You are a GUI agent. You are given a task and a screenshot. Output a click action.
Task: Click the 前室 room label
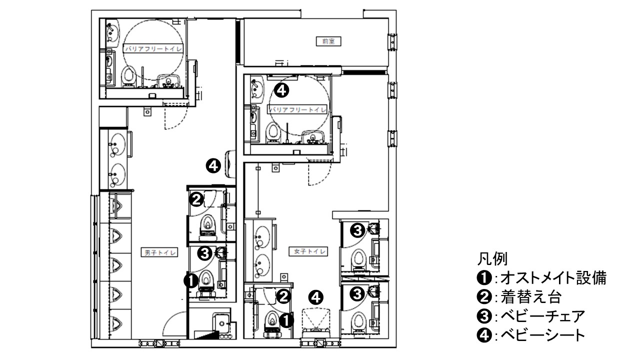328,41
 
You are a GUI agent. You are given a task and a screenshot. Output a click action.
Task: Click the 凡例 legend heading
493,259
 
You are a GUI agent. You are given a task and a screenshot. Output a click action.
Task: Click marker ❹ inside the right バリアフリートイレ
282,90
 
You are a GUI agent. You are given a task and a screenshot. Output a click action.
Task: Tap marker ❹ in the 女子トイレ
316,297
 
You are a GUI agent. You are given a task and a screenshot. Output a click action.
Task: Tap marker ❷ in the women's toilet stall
282,296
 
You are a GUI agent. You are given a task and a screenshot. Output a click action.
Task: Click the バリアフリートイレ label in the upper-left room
153,48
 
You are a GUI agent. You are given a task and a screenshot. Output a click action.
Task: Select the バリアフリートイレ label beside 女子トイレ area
298,109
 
